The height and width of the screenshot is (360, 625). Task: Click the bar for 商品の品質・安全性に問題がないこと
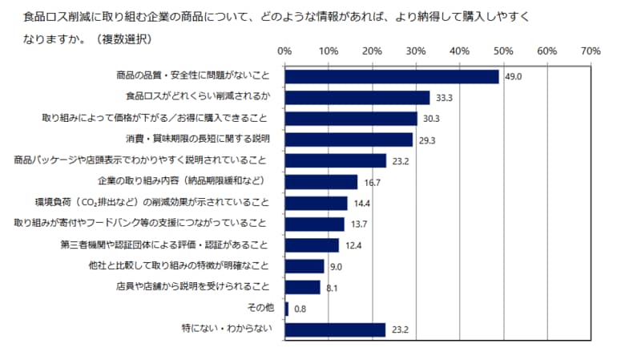tap(391, 77)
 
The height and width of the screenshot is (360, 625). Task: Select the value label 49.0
tap(512, 77)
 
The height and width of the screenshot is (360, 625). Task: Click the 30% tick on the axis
tap(415, 51)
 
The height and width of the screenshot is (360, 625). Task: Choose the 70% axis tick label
tap(590, 51)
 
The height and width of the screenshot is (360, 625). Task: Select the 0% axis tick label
tap(284, 51)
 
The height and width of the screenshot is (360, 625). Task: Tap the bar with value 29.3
tap(349, 140)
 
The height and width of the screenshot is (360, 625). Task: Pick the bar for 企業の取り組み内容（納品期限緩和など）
tap(321, 182)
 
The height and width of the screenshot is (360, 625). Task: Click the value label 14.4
tap(361, 203)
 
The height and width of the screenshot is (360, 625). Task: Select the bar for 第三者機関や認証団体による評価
tap(312, 245)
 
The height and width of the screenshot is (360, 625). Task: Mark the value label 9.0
tap(336, 266)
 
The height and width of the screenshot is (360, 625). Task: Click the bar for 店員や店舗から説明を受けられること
tap(302, 287)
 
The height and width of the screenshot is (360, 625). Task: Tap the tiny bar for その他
tap(286, 308)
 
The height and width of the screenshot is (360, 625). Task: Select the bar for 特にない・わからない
tap(335, 329)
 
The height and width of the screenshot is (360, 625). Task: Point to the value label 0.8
tap(300, 309)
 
